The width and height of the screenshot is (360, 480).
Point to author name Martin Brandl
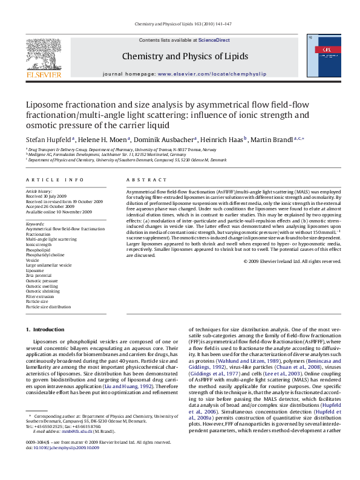pos(272,140)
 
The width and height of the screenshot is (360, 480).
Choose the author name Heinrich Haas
pos(220,140)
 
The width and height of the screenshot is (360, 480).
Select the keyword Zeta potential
pos(39,276)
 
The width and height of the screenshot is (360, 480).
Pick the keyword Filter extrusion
pos(40,297)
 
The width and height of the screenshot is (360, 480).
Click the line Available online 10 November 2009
pos(59,212)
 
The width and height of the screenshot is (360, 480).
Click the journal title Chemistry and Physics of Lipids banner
pos(185,57)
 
